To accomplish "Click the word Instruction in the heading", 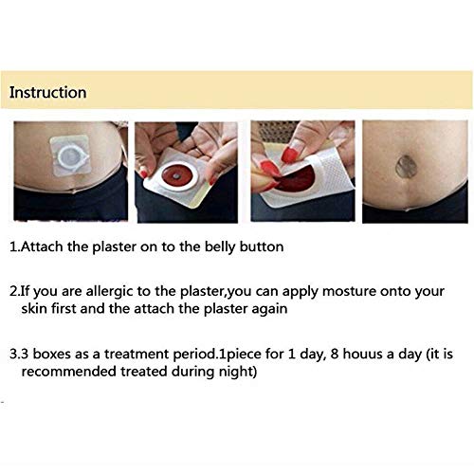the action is tap(47, 93).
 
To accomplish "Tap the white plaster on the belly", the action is tap(70, 155).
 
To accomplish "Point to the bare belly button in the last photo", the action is tap(406, 166).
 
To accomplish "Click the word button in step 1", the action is tap(262, 246).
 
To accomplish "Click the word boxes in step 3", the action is tap(52, 354).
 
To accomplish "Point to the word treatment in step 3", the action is tap(137, 355).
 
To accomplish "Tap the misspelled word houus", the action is tap(363, 354).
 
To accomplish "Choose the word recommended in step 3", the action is tap(69, 372).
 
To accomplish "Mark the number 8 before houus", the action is tap(335, 355).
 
